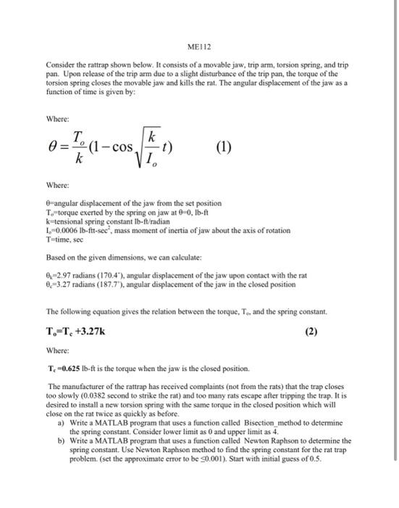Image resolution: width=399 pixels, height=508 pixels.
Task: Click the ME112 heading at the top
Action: pos(199,47)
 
